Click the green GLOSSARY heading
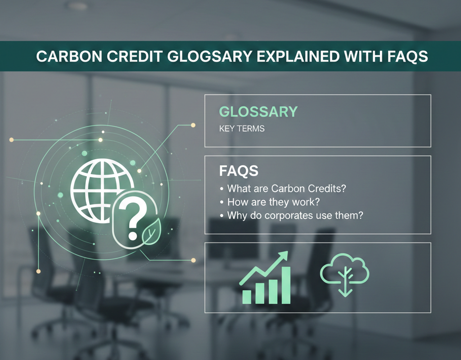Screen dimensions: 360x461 pyautogui.click(x=258, y=112)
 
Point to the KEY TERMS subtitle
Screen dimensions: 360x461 pyautogui.click(x=242, y=129)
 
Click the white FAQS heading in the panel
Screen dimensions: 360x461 pyautogui.click(x=239, y=171)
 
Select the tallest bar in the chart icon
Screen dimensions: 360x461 pyautogui.click(x=285, y=284)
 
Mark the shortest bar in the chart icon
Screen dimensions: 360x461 pyautogui.click(x=247, y=296)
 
